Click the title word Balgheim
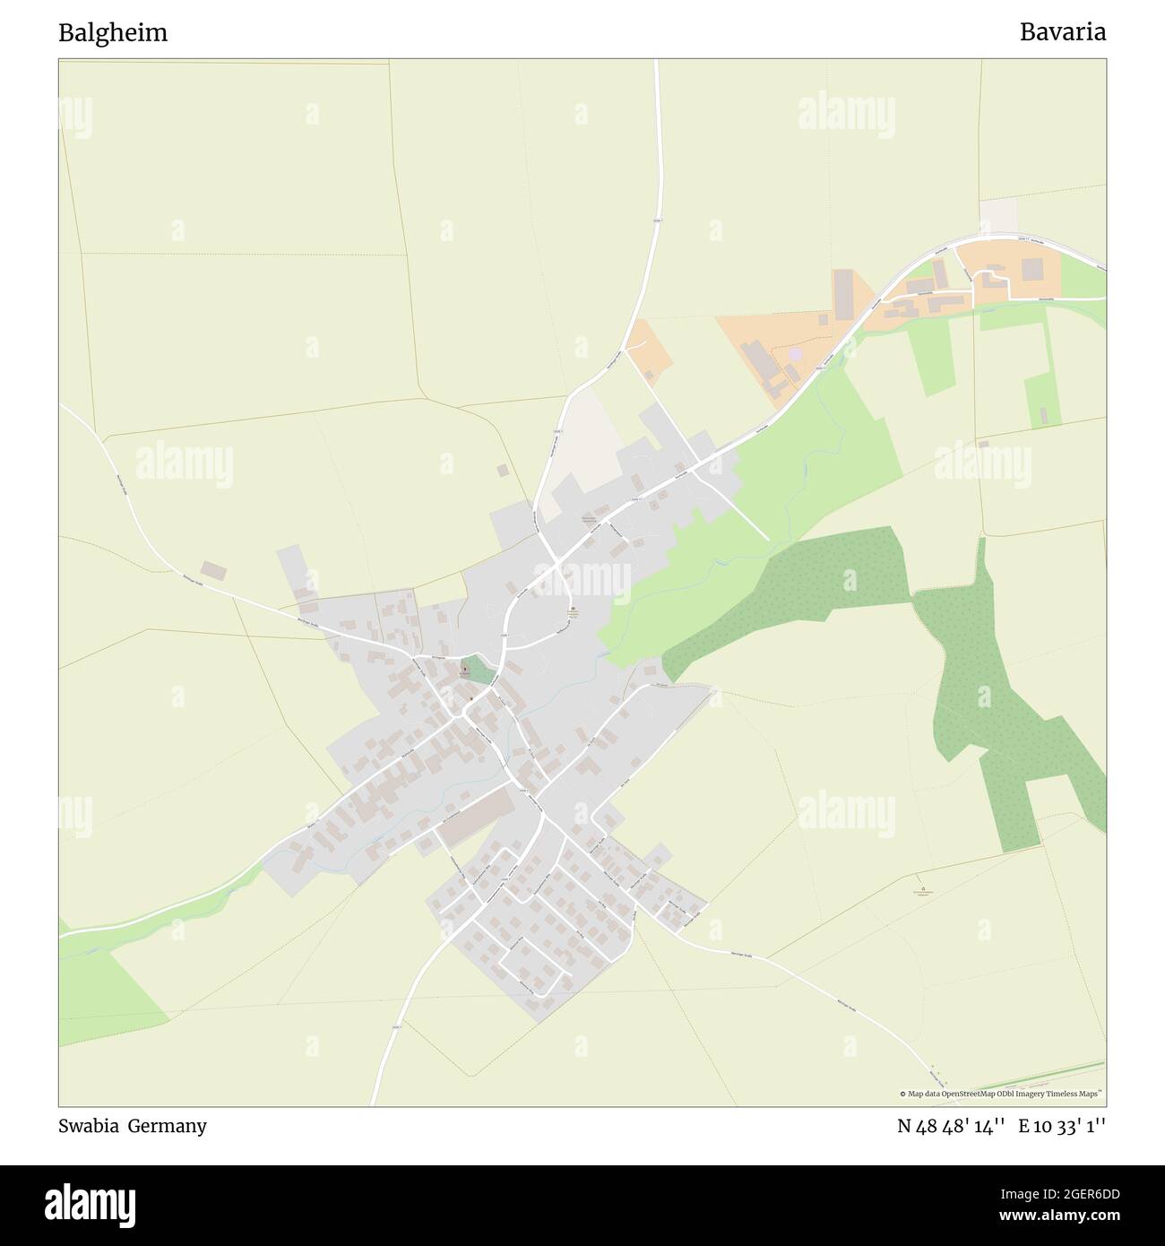113,33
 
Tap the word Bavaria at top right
1062,33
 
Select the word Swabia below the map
88,1126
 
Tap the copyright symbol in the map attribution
903,1094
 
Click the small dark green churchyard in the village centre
479,671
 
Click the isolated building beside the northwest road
213,570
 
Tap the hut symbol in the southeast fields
917,881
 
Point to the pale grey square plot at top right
998,216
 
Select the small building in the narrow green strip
1043,417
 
